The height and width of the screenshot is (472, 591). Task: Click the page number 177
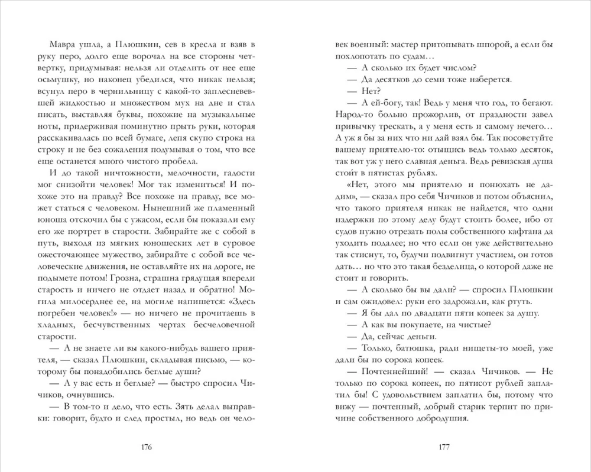tap(444, 446)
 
